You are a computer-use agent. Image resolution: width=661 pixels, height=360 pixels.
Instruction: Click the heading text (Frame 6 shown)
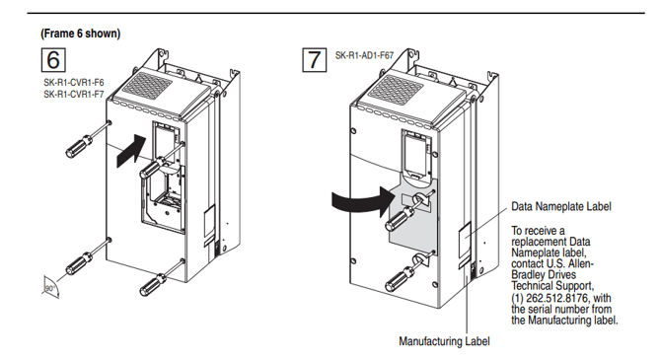pyautogui.click(x=80, y=34)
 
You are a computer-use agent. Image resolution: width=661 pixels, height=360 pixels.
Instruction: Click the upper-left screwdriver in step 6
pyautogui.click(x=83, y=141)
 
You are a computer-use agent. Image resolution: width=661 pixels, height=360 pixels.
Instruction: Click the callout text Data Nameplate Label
pyautogui.click(x=559, y=208)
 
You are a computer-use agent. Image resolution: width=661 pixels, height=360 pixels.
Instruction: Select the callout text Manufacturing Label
pyautogui.click(x=443, y=341)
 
